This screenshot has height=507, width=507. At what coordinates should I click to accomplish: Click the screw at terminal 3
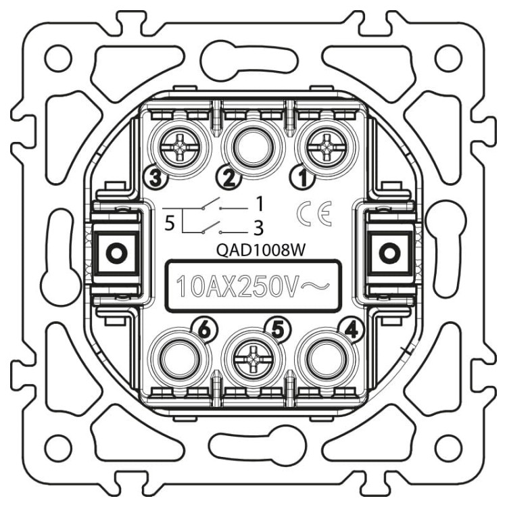(x=180, y=149)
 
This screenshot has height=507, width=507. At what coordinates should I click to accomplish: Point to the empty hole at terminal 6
(x=180, y=359)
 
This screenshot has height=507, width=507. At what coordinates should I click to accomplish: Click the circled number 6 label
(x=204, y=330)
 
